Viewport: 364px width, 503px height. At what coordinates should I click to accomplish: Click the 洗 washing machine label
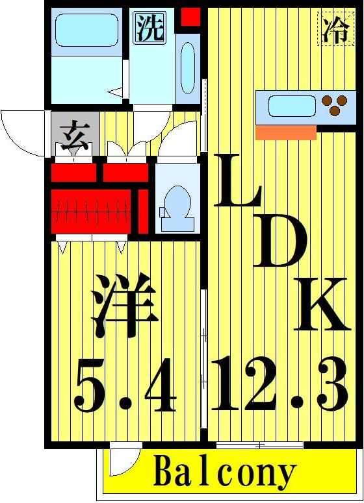(149, 28)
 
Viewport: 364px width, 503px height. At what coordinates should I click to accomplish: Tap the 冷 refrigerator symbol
(335, 29)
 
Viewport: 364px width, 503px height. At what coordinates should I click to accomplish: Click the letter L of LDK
(239, 183)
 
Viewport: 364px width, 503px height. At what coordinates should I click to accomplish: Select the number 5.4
(125, 389)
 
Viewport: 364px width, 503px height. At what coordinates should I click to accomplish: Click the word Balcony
(225, 474)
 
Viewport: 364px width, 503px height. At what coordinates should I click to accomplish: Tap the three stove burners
(335, 106)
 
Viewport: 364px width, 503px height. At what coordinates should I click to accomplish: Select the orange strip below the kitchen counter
(285, 132)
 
